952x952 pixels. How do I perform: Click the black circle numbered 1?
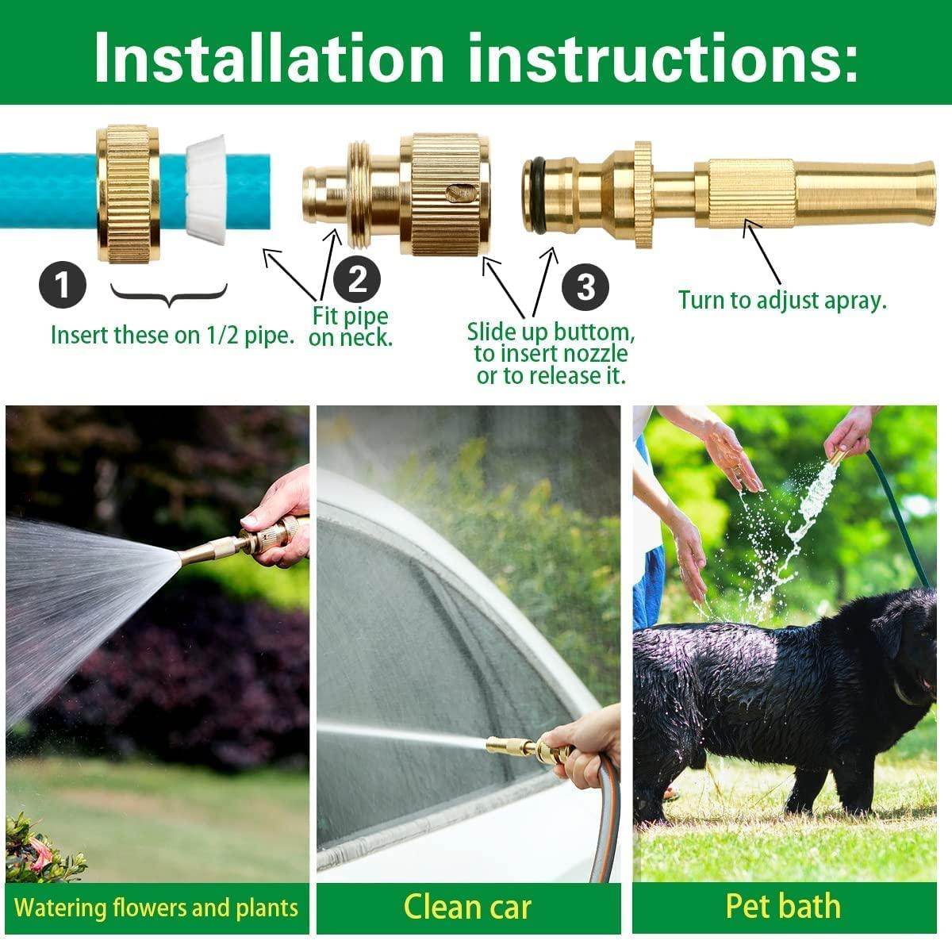click(63, 284)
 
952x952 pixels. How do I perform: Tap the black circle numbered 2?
click(357, 279)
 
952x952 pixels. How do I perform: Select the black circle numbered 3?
click(585, 286)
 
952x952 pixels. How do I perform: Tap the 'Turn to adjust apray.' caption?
click(781, 301)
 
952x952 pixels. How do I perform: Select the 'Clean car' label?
click(467, 907)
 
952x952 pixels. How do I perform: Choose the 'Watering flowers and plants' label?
click(156, 908)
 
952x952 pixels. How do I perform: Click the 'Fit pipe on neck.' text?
click(351, 326)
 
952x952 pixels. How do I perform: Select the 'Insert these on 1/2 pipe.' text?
click(172, 335)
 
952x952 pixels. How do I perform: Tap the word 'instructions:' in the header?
click(662, 57)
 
